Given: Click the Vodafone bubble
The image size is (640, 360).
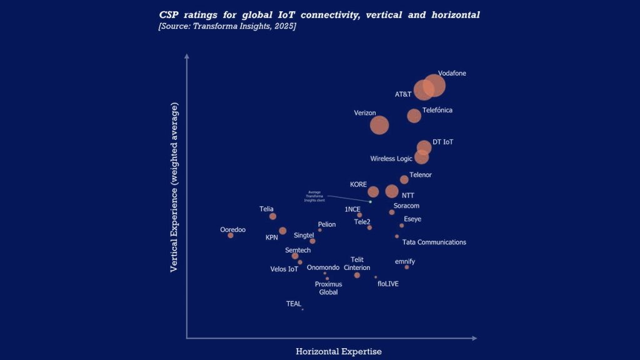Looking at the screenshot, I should (x=434, y=86).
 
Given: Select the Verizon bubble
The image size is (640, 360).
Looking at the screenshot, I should (x=379, y=125).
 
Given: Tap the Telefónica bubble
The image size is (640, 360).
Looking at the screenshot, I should (x=414, y=116).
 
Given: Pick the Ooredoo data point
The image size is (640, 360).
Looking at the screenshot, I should (x=231, y=235).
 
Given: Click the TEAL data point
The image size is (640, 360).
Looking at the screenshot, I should (x=302, y=309).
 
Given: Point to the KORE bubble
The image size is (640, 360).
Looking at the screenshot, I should (x=373, y=192).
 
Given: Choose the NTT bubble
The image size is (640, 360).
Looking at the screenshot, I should (x=392, y=191).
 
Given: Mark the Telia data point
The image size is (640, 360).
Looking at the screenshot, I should (x=272, y=216).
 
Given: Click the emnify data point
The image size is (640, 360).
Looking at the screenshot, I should (x=406, y=267).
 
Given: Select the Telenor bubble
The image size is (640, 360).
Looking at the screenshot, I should (x=404, y=180).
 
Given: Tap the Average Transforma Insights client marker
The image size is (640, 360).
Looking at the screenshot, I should (x=370, y=201).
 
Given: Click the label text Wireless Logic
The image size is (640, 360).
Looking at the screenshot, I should (x=391, y=159).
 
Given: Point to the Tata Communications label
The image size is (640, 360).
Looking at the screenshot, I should (x=434, y=242).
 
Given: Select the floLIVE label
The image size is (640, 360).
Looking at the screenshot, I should (x=387, y=284).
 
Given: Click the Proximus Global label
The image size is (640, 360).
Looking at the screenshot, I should (x=328, y=288).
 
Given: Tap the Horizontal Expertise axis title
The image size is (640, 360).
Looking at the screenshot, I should (x=338, y=351).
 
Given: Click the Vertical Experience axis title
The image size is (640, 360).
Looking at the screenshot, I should (x=175, y=187).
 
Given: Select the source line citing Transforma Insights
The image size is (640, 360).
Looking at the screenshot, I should (x=227, y=26).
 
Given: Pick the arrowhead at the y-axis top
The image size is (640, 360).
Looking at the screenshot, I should (x=186, y=56).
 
